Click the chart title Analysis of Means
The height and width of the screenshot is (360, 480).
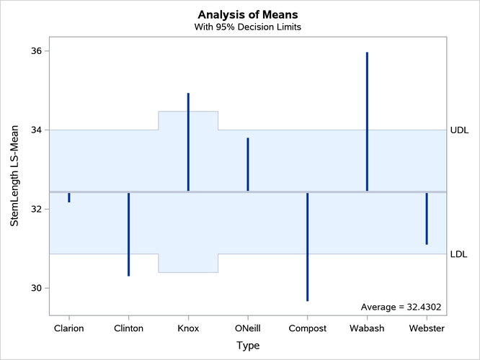(248, 14)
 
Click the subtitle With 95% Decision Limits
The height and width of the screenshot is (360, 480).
(248, 27)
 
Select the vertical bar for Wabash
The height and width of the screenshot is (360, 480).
(367, 122)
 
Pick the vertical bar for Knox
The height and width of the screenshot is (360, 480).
(188, 142)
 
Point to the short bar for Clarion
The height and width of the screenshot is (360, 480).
(69, 197)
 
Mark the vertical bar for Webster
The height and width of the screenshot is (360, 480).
(427, 218)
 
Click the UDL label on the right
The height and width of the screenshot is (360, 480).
(458, 130)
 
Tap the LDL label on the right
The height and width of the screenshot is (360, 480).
(458, 254)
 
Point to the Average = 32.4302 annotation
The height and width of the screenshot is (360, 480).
(401, 307)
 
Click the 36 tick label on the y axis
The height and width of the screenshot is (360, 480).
(36, 51)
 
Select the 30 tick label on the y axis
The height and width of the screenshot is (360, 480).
(36, 288)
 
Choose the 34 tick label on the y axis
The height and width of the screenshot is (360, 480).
(36, 130)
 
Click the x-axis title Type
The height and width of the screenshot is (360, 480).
(248, 345)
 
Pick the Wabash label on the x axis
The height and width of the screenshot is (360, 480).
(367, 328)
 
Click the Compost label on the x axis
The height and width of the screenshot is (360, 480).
(307, 328)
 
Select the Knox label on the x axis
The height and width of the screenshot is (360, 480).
(188, 328)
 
